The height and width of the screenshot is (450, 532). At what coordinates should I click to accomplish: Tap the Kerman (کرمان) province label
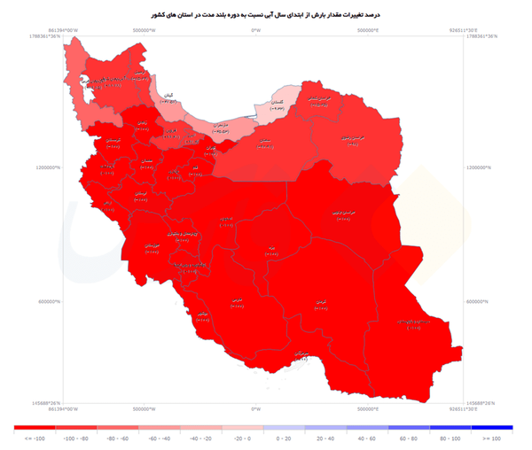(320, 302)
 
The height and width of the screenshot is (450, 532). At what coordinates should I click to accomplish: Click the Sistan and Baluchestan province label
(412, 323)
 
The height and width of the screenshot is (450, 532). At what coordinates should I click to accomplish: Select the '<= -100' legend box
(35, 429)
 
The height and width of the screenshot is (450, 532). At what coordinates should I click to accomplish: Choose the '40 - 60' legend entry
(367, 429)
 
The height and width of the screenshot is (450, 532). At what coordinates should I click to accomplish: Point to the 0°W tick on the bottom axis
(255, 408)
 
